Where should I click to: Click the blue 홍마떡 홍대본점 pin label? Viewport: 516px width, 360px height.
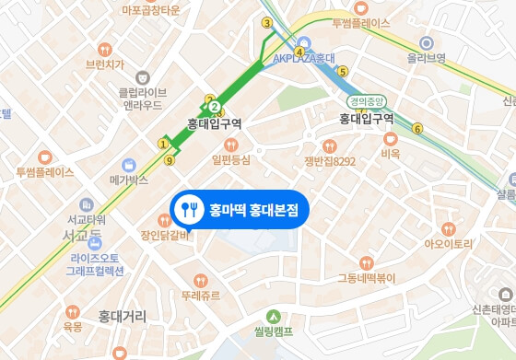tap(241, 209)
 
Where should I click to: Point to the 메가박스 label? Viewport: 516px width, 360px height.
tap(129, 180)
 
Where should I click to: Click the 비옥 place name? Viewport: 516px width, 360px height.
tap(390, 154)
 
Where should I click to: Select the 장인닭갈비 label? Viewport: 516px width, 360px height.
tap(165, 235)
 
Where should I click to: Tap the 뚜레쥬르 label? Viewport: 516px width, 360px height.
tap(203, 296)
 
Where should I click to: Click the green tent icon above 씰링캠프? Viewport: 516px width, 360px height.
tap(273, 316)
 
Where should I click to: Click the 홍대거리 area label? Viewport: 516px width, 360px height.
tap(123, 316)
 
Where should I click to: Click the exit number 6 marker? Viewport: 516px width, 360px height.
tap(416, 129)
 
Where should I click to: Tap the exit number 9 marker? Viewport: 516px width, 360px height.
tap(169, 160)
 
